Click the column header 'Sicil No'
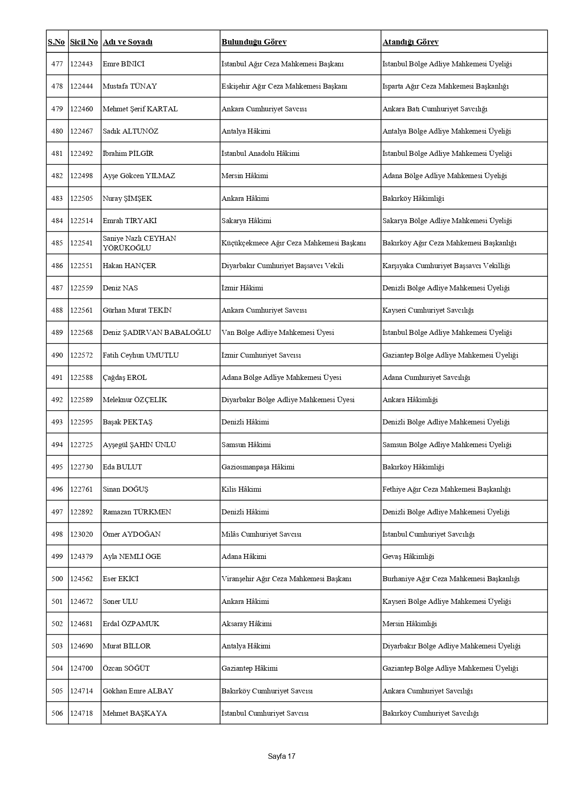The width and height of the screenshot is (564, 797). coord(84,42)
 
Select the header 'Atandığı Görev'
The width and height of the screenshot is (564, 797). coord(410,42)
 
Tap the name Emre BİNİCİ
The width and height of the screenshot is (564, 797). coord(123,64)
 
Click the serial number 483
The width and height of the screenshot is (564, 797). coord(57,199)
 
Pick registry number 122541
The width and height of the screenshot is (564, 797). coord(81,243)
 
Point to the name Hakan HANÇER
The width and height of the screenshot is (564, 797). coord(129,266)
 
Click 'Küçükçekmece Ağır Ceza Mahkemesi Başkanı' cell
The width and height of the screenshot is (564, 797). coord(293,243)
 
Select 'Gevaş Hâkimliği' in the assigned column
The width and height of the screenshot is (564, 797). coord(408,557)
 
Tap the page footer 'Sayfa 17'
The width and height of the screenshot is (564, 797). coord(282,756)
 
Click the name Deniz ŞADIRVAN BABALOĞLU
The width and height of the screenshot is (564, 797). coord(157,333)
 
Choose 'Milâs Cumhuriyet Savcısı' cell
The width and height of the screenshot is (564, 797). coord(261,534)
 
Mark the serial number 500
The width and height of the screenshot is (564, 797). coord(57,579)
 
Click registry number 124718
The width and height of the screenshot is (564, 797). coord(81,713)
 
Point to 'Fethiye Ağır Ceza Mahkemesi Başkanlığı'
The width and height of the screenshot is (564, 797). coord(446,489)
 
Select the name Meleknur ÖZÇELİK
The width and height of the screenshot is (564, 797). coord(135,400)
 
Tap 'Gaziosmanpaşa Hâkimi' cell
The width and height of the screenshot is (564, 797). coord(258,467)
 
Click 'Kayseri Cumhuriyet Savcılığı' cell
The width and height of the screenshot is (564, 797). coord(428,310)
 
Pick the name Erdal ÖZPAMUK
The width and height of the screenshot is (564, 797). coord(131,624)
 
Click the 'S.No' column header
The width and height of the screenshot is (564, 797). coord(56,42)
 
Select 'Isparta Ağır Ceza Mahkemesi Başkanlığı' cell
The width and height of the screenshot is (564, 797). coord(445,86)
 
